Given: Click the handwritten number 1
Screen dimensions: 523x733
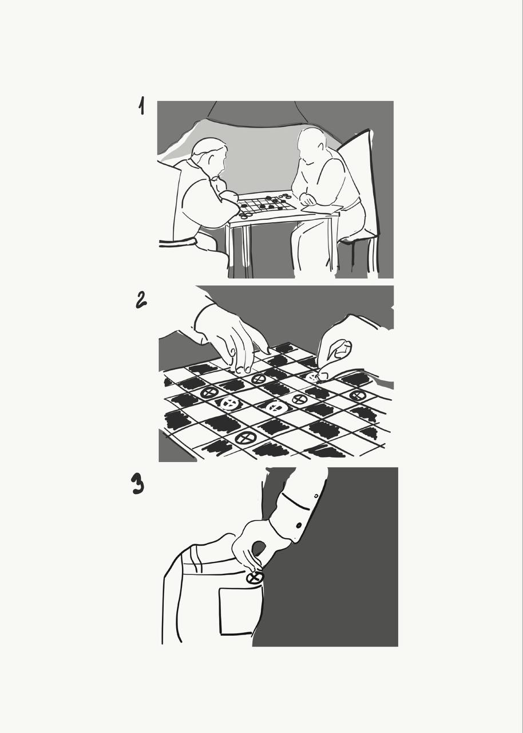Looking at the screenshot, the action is [x=141, y=105].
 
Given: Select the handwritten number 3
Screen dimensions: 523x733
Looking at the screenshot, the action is [x=137, y=484].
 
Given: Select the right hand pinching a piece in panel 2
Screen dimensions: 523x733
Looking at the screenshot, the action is [x=336, y=357].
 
